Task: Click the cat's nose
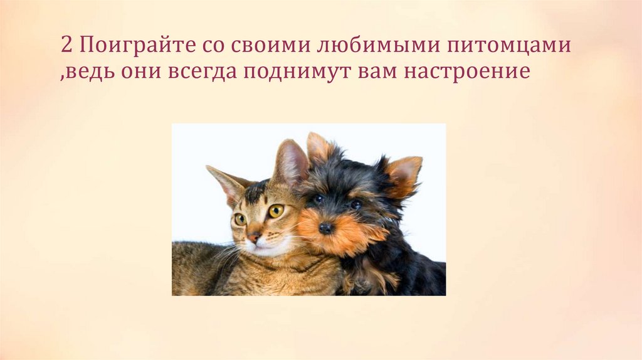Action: pyautogui.click(x=255, y=237)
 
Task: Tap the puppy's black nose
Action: pyautogui.click(x=325, y=228)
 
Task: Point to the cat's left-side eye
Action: pyautogui.click(x=240, y=219)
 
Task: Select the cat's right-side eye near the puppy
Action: pyautogui.click(x=276, y=211)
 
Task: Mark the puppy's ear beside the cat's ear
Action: pyautogui.click(x=319, y=148)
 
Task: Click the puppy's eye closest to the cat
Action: pyautogui.click(x=318, y=199)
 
